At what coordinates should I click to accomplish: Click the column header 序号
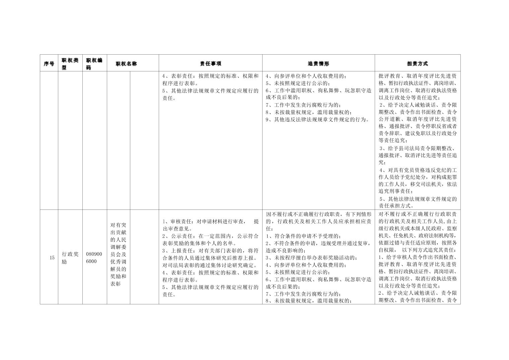click(x=49, y=63)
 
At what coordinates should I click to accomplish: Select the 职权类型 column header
click(x=70, y=63)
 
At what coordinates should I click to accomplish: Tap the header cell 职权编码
click(x=94, y=63)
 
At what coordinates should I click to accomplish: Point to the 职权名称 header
click(x=126, y=63)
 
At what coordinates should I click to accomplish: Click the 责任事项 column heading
click(x=210, y=63)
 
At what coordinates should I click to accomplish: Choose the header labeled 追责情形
click(x=318, y=63)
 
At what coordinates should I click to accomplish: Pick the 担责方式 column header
click(x=417, y=63)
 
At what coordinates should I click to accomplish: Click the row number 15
click(x=52, y=258)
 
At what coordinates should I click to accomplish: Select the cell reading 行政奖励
click(x=70, y=258)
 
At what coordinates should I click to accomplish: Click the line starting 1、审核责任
click(x=210, y=222)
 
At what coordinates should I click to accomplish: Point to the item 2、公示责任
click(x=210, y=236)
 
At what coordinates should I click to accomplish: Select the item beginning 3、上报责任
click(x=210, y=251)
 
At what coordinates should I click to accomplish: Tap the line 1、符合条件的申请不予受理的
click(x=304, y=236)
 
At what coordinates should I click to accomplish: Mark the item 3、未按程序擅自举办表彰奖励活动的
click(x=311, y=258)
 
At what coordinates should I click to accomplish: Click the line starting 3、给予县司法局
click(x=418, y=148)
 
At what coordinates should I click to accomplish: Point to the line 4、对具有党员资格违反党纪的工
click(x=418, y=170)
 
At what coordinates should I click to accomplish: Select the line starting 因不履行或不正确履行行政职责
click(x=318, y=214)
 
